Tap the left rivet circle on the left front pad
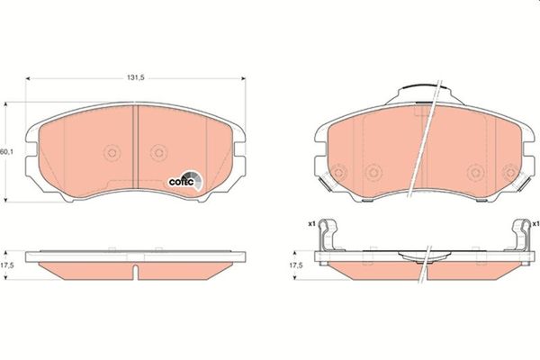[x=112, y=153]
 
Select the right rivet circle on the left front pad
[x=158, y=153]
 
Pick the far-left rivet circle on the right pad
[x=338, y=171]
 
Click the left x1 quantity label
[x=310, y=222]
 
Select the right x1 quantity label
[x=535, y=222]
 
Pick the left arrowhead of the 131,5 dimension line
[x=28, y=78]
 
